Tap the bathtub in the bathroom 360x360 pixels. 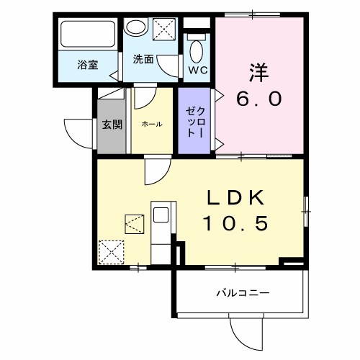pos(87,35)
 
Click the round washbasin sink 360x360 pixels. pos(134,28)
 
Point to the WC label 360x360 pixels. pos(197,70)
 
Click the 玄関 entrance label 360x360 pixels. pos(112,124)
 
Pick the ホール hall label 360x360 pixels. pos(151,124)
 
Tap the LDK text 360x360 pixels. pos(238,199)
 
